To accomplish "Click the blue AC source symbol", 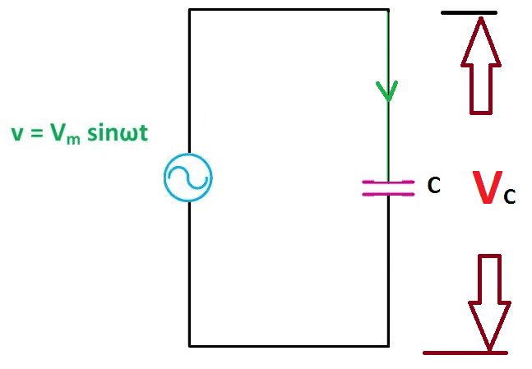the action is click(x=188, y=178).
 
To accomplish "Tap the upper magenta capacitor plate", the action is click(x=388, y=182).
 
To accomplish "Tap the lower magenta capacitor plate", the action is click(x=388, y=194).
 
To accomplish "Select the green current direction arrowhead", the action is click(x=386, y=91).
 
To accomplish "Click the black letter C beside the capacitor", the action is click(x=434, y=185).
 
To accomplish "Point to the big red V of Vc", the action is click(x=488, y=187).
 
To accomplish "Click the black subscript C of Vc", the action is click(x=510, y=196).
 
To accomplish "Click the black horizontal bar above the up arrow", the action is click(x=469, y=13).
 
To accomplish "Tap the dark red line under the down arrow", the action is click(x=465, y=353).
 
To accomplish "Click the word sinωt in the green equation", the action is click(x=118, y=132).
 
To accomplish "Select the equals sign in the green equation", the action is click(x=36, y=133).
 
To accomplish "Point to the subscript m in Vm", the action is click(x=73, y=140).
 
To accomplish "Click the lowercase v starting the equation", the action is click(x=17, y=134).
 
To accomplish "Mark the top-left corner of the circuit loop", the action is click(x=189, y=10).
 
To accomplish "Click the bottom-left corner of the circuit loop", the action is click(x=189, y=346).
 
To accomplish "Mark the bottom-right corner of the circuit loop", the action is click(x=388, y=346).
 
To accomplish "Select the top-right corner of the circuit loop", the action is click(x=388, y=10).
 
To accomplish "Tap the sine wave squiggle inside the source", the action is click(x=188, y=178).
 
